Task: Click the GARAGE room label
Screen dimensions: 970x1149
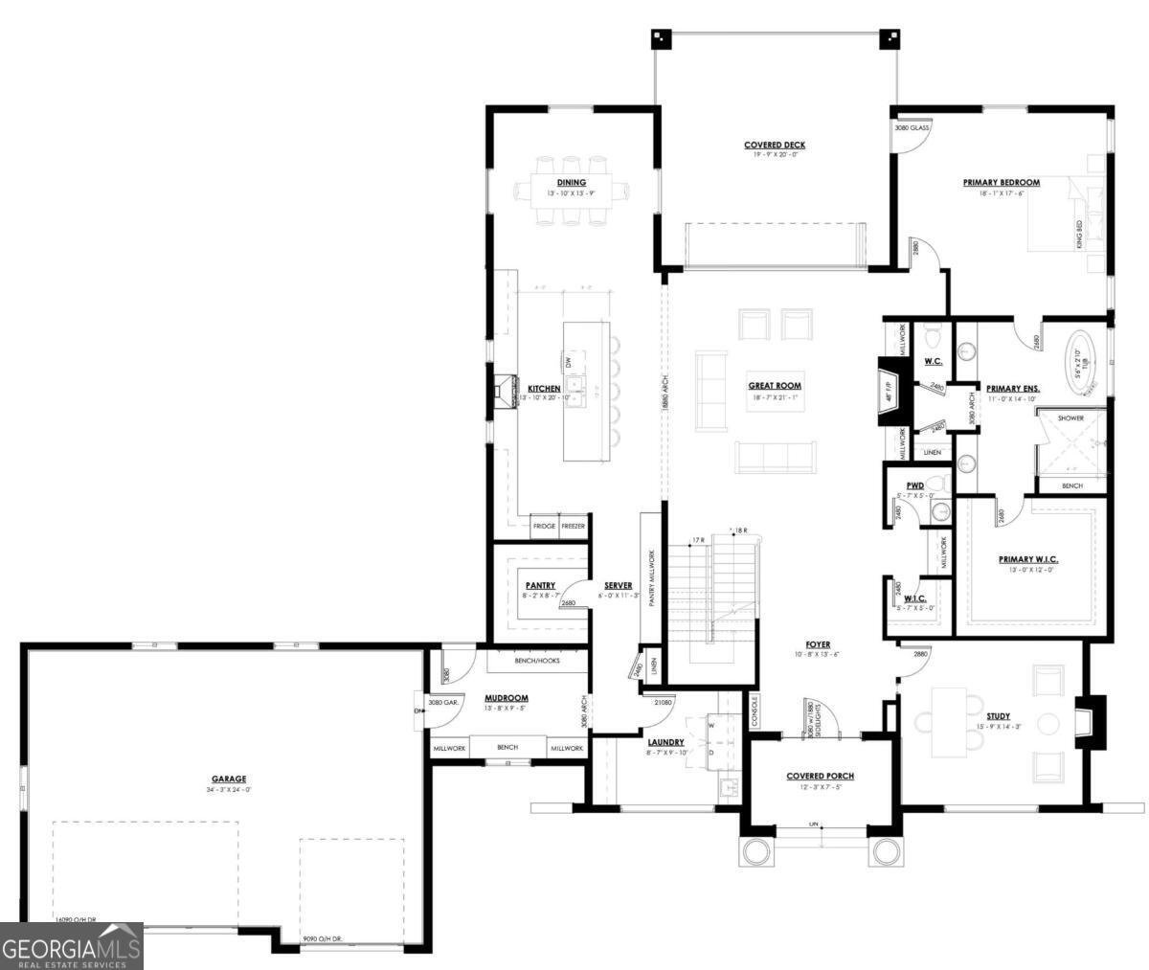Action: (x=229, y=778)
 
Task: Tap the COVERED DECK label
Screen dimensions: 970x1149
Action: (x=775, y=146)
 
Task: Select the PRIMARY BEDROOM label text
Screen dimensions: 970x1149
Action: (x=1001, y=182)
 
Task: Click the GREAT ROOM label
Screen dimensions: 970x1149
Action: (x=775, y=386)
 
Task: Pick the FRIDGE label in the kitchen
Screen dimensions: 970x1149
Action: (x=544, y=526)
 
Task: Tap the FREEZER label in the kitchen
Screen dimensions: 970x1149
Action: (x=573, y=526)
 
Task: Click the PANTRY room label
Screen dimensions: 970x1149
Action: (x=540, y=585)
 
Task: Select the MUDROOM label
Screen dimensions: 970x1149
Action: (x=507, y=698)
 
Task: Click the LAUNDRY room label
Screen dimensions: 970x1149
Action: (x=665, y=741)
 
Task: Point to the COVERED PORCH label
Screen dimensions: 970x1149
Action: (x=820, y=776)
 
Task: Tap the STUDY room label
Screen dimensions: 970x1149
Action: (x=998, y=715)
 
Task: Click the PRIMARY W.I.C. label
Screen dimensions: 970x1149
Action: (x=1027, y=559)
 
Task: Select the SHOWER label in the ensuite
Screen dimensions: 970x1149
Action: (x=1071, y=418)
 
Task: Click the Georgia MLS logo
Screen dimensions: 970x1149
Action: (x=72, y=946)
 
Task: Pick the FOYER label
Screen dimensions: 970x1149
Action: (x=817, y=644)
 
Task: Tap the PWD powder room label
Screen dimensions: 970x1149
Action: (x=914, y=485)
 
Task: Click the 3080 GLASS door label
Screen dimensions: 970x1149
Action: (x=912, y=127)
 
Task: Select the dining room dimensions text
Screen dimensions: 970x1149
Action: (x=571, y=193)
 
